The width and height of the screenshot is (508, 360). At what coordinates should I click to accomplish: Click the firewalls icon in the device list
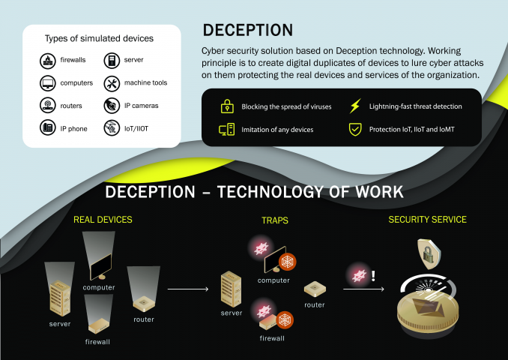pos(48,60)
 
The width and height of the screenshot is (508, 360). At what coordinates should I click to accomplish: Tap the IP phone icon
pos(48,127)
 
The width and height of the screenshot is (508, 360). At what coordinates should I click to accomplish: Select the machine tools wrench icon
pos(112,84)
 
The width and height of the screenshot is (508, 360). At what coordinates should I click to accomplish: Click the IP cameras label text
pos(142,106)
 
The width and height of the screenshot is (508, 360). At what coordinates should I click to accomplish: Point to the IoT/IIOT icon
pos(112,128)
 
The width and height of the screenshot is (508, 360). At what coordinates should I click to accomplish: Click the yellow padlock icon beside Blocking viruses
pos(228,106)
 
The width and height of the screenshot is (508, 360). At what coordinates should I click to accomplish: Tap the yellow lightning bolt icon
pos(355,106)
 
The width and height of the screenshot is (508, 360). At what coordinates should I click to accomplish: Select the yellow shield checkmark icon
pos(355,129)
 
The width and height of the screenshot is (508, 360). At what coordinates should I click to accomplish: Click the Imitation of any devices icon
pos(227,129)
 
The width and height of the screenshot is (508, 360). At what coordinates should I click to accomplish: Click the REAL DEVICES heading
pos(103,220)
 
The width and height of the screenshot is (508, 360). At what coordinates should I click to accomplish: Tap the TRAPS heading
pos(275,220)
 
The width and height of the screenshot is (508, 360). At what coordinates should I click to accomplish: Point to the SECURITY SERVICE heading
pos(427,220)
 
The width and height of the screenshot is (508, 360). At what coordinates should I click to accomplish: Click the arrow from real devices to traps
pos(188,289)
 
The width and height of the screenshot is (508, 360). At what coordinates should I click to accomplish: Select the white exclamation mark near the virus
pos(373,276)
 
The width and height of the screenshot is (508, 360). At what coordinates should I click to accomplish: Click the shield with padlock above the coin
pos(429,254)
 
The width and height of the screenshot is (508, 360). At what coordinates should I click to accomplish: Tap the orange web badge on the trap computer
pos(288,262)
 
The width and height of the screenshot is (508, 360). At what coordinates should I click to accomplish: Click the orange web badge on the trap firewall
pos(285,320)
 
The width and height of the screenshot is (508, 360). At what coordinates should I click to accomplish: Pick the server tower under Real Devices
pos(60,298)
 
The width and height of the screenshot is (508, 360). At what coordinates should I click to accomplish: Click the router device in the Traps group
pos(315,289)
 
